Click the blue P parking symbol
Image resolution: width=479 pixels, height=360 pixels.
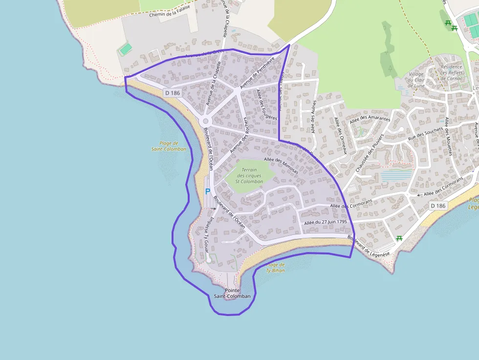pyautogui.click(x=207, y=192)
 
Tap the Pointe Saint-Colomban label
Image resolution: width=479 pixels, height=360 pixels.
pyautogui.click(x=232, y=293)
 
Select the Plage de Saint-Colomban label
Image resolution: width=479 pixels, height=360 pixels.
pyautogui.click(x=169, y=147)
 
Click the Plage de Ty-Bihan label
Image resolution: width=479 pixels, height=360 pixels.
pyautogui.click(x=275, y=267)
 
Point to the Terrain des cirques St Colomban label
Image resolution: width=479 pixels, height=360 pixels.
pyautogui.click(x=250, y=176)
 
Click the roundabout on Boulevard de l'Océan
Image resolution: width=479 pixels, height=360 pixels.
pyautogui.click(x=205, y=121)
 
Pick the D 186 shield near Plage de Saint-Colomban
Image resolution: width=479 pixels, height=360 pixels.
pyautogui.click(x=173, y=93)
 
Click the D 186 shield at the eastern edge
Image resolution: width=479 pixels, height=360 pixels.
pyautogui.click(x=439, y=206)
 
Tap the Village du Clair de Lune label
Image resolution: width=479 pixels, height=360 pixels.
pyautogui.click(x=416, y=80)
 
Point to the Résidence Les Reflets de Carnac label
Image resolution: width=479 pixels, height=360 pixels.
pyautogui.click(x=451, y=72)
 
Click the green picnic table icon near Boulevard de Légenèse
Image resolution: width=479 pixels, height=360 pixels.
pyautogui.click(x=399, y=238)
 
